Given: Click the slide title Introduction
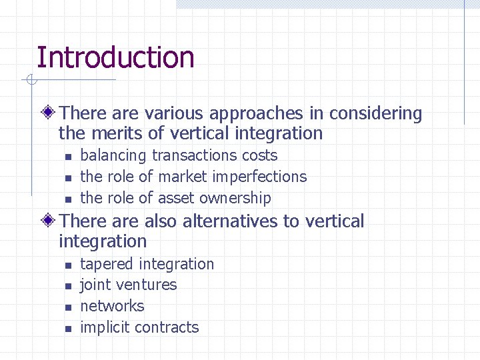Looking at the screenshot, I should [115, 57].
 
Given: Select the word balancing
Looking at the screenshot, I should [113, 155].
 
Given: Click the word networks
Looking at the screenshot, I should [112, 306].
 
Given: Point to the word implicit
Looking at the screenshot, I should [105, 327].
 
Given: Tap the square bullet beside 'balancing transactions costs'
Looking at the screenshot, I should [67, 157].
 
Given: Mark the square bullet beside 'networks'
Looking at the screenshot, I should [67, 307].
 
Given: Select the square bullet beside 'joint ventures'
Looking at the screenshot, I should [67, 286].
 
